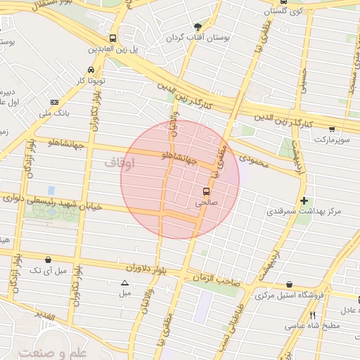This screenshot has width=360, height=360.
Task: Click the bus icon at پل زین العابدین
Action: [x=112, y=39]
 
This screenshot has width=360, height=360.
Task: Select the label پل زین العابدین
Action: [x=112, y=50]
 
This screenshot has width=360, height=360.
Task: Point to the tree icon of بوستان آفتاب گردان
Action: [x=197, y=26]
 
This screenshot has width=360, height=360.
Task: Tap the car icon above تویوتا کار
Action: [x=91, y=70]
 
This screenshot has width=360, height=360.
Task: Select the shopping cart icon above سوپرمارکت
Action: [x=332, y=129]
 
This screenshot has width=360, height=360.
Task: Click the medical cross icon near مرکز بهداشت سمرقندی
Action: [x=303, y=200]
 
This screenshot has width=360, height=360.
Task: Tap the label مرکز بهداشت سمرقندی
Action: [x=309, y=211]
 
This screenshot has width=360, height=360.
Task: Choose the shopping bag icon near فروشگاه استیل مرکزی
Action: [x=290, y=285]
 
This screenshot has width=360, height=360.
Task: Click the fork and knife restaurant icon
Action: [x=312, y=314]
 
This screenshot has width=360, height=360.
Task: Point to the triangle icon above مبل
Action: [x=125, y=283]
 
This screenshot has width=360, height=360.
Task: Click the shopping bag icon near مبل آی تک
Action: [x=48, y=259]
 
